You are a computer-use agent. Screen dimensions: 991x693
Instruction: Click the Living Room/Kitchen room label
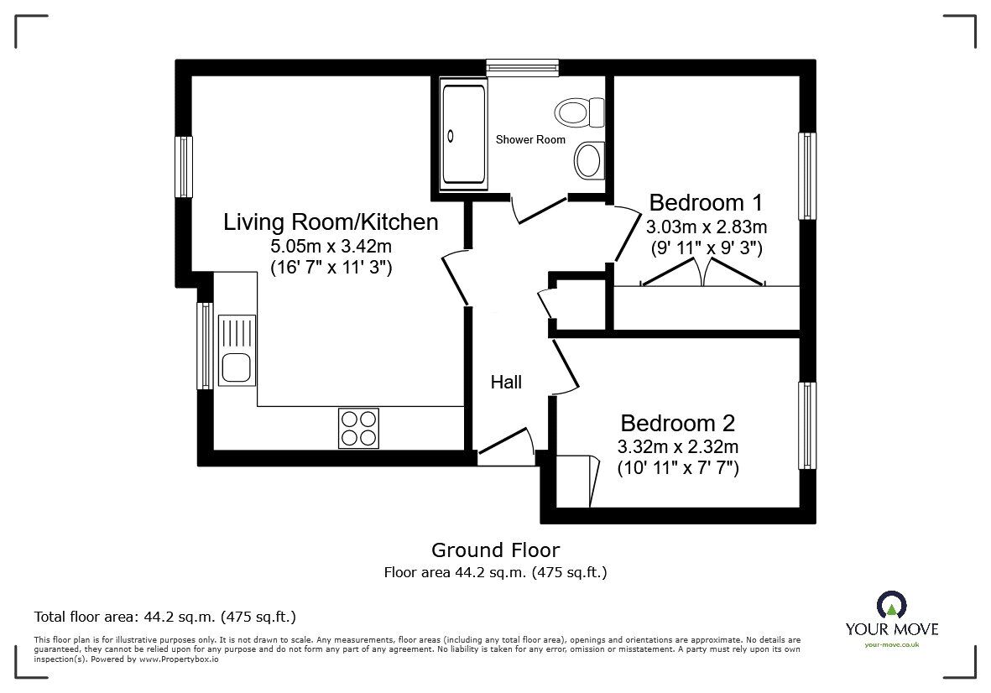331,221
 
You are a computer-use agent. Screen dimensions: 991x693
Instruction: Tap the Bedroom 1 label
706,203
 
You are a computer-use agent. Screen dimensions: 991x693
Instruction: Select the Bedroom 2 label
677,423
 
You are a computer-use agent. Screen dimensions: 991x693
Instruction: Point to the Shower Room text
530,139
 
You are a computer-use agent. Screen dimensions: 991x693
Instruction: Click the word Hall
506,383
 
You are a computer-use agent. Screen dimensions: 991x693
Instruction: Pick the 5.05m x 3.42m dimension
331,247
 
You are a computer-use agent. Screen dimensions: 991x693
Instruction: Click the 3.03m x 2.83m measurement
707,227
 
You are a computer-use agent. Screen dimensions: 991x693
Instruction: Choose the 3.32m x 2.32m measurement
677,446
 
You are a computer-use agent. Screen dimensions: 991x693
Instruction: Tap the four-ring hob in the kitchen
358,429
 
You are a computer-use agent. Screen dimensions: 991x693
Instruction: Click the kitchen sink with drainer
237,351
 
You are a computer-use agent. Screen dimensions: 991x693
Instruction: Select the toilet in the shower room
580,112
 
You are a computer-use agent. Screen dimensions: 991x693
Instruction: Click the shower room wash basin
590,159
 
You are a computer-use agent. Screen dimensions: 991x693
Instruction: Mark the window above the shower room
523,68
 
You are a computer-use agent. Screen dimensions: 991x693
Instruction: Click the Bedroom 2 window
807,425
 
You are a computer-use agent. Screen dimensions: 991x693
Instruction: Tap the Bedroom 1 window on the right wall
807,175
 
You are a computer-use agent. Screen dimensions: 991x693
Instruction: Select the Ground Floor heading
495,550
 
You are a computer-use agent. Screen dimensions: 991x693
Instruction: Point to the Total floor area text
165,617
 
